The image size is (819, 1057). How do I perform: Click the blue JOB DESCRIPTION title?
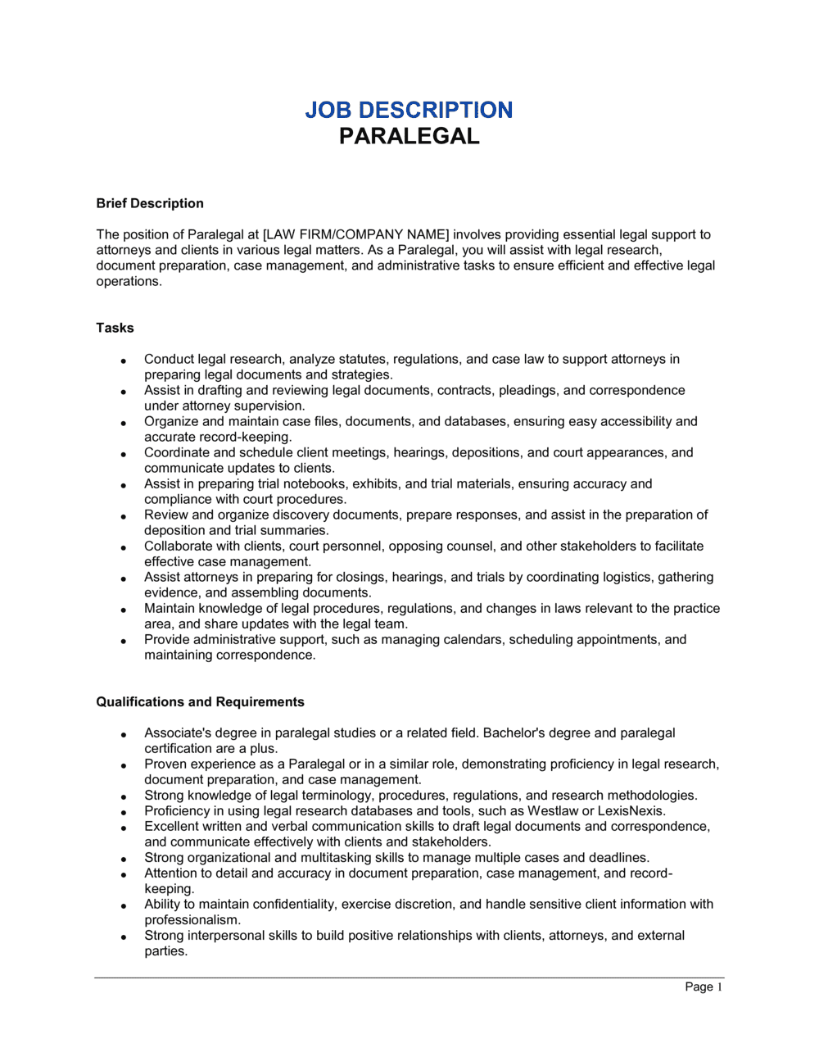[x=409, y=110]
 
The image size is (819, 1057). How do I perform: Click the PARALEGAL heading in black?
[x=409, y=136]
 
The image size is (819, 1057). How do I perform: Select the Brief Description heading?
[x=150, y=203]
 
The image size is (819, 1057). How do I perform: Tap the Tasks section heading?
[x=115, y=328]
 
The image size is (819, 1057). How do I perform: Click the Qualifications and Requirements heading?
[x=200, y=702]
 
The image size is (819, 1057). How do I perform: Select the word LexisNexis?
[x=631, y=811]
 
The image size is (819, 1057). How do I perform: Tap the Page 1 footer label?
[x=704, y=987]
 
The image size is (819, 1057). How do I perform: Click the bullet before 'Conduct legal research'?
[x=124, y=361]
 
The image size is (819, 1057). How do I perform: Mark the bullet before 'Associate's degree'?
[x=124, y=734]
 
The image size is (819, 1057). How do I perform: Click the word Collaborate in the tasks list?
[x=181, y=547]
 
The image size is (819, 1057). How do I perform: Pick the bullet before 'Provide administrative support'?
[x=124, y=641]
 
